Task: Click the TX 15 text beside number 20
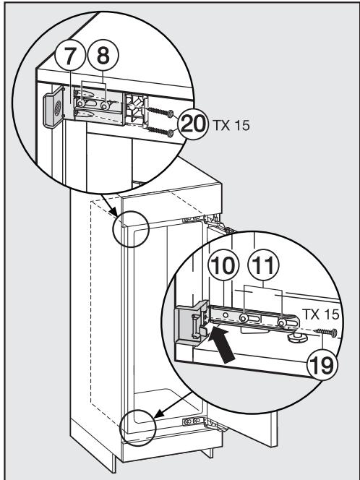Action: pyautogui.click(x=228, y=124)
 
